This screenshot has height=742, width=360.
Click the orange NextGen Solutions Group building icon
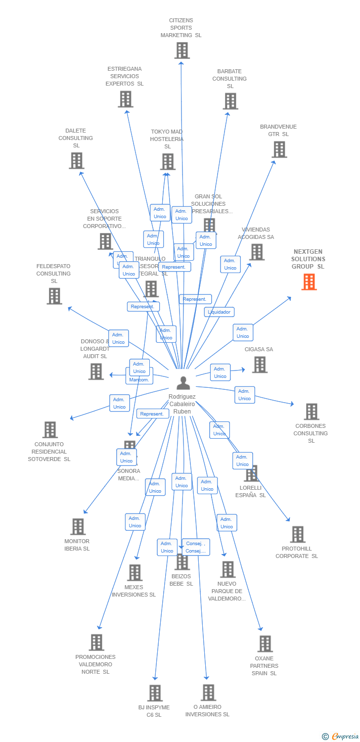pyautogui.click(x=309, y=281)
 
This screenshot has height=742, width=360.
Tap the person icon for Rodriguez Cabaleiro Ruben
pyautogui.click(x=183, y=383)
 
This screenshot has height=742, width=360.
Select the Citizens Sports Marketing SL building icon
pyautogui.click(x=182, y=50)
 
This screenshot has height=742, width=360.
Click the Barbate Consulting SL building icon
pyautogui.click(x=230, y=101)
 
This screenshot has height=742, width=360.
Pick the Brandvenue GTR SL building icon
pyautogui.click(x=279, y=149)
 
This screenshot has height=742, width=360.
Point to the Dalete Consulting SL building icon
pyautogui.click(x=76, y=160)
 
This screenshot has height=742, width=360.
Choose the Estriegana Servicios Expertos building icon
pyautogui.click(x=126, y=99)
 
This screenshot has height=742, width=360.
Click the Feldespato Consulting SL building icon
pyautogui.click(x=54, y=296)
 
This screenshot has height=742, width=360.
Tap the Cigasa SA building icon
pyautogui.click(x=259, y=365)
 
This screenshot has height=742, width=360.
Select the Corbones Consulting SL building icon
pyautogui.click(x=311, y=411)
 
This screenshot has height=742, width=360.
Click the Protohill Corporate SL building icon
pyautogui.click(x=297, y=534)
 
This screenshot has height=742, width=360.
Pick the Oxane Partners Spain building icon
pyautogui.click(x=265, y=644)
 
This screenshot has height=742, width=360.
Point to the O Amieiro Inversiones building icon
pyautogui.click(x=208, y=693)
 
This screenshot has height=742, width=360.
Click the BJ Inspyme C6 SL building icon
pyautogui.click(x=155, y=693)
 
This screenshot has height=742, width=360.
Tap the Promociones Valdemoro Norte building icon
pyautogui.click(x=96, y=642)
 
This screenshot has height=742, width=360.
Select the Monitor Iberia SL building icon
pyautogui.click(x=78, y=526)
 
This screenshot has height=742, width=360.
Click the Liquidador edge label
pyautogui.click(x=219, y=312)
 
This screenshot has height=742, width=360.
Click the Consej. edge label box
pyautogui.click(x=196, y=547)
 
